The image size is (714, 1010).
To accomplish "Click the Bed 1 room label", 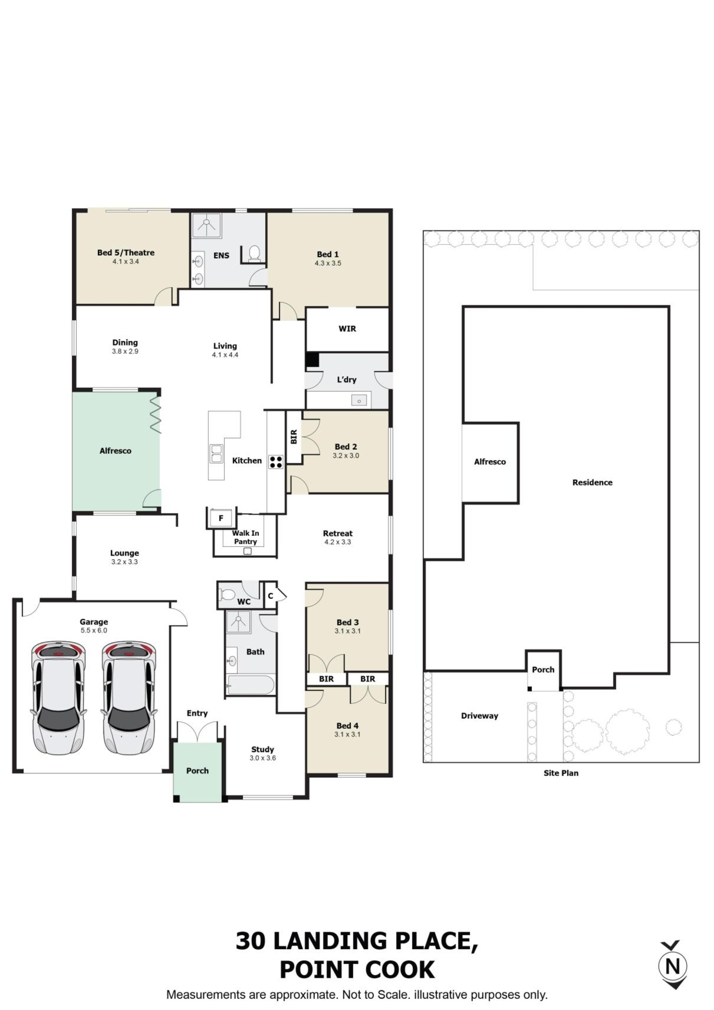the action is (x=327, y=255).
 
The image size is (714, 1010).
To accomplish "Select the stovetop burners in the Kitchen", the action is (x=276, y=462).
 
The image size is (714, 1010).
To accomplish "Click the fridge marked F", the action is (x=221, y=518).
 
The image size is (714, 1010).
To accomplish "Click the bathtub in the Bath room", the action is (x=250, y=685).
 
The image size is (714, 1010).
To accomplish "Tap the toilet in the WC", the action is (x=228, y=594).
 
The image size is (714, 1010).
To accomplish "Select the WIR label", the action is (x=347, y=329).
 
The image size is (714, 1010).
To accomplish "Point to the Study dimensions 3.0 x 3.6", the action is (x=262, y=758).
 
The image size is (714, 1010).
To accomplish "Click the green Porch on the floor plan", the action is (x=197, y=771).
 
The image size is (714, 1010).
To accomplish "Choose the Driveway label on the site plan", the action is (x=479, y=716).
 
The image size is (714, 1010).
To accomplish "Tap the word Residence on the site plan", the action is (x=592, y=482).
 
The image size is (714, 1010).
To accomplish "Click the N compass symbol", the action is (x=673, y=966).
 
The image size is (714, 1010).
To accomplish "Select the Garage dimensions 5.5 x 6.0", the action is (x=94, y=630).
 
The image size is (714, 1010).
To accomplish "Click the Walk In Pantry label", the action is (x=246, y=537).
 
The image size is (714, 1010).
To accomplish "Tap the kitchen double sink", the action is (x=216, y=453).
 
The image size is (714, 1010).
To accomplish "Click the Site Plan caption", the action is (x=561, y=773).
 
